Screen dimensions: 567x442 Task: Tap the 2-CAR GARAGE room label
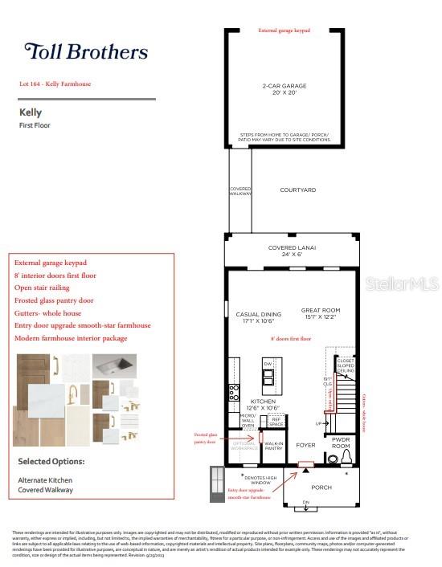284,88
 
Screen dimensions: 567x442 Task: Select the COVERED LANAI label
292,251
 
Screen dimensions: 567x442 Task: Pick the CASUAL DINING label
259,317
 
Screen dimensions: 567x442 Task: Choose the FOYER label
305,444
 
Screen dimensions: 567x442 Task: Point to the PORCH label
321,487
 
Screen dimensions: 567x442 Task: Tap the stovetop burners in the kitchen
234,393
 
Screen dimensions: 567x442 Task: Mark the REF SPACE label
275,421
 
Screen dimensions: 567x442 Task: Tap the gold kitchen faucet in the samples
72,395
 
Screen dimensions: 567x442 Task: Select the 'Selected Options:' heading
51,462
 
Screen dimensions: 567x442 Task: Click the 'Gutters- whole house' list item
47,312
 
